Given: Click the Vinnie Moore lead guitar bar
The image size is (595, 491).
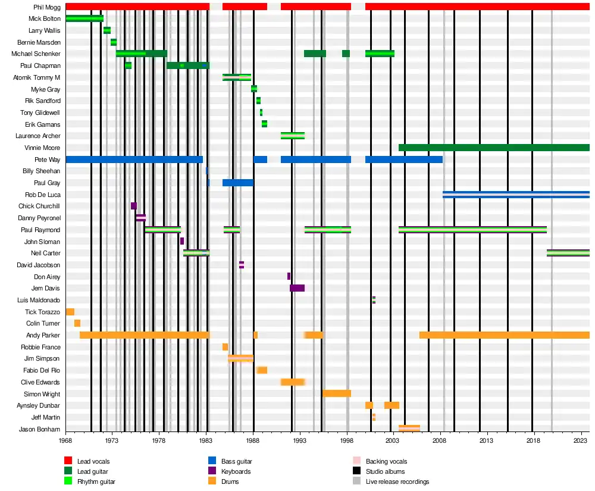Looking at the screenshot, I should coord(494,148).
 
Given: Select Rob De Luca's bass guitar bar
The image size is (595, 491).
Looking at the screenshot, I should coord(516,195).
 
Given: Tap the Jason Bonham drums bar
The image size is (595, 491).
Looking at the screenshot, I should coord(409,429).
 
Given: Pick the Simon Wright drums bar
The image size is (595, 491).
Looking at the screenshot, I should coord(336,393).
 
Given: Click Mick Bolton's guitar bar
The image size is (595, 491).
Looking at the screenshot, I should coord(84,18).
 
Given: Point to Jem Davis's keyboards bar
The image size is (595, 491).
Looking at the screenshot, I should coord(297,288).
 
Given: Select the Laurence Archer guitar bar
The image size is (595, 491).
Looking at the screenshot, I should coord(292,136).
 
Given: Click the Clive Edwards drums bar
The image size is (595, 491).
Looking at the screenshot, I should coord(292,381).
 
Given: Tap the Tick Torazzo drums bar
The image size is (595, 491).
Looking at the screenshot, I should coord(70,312).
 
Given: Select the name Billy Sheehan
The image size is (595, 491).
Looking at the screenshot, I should coord(41,171).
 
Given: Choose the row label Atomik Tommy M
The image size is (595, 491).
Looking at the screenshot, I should coord(36,77).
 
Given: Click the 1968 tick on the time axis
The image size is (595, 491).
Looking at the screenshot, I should coord(65,440).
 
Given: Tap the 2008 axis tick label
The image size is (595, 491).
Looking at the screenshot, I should coord(439,440).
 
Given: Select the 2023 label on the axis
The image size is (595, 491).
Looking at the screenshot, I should coord(580,440).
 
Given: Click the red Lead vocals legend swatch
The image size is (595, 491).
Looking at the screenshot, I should coord(68,461).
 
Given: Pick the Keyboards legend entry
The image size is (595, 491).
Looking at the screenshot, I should coord(236,471).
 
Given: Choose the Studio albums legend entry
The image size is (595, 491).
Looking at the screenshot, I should coord(385,471).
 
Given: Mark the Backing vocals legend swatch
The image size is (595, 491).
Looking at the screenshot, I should coord(356,461).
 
